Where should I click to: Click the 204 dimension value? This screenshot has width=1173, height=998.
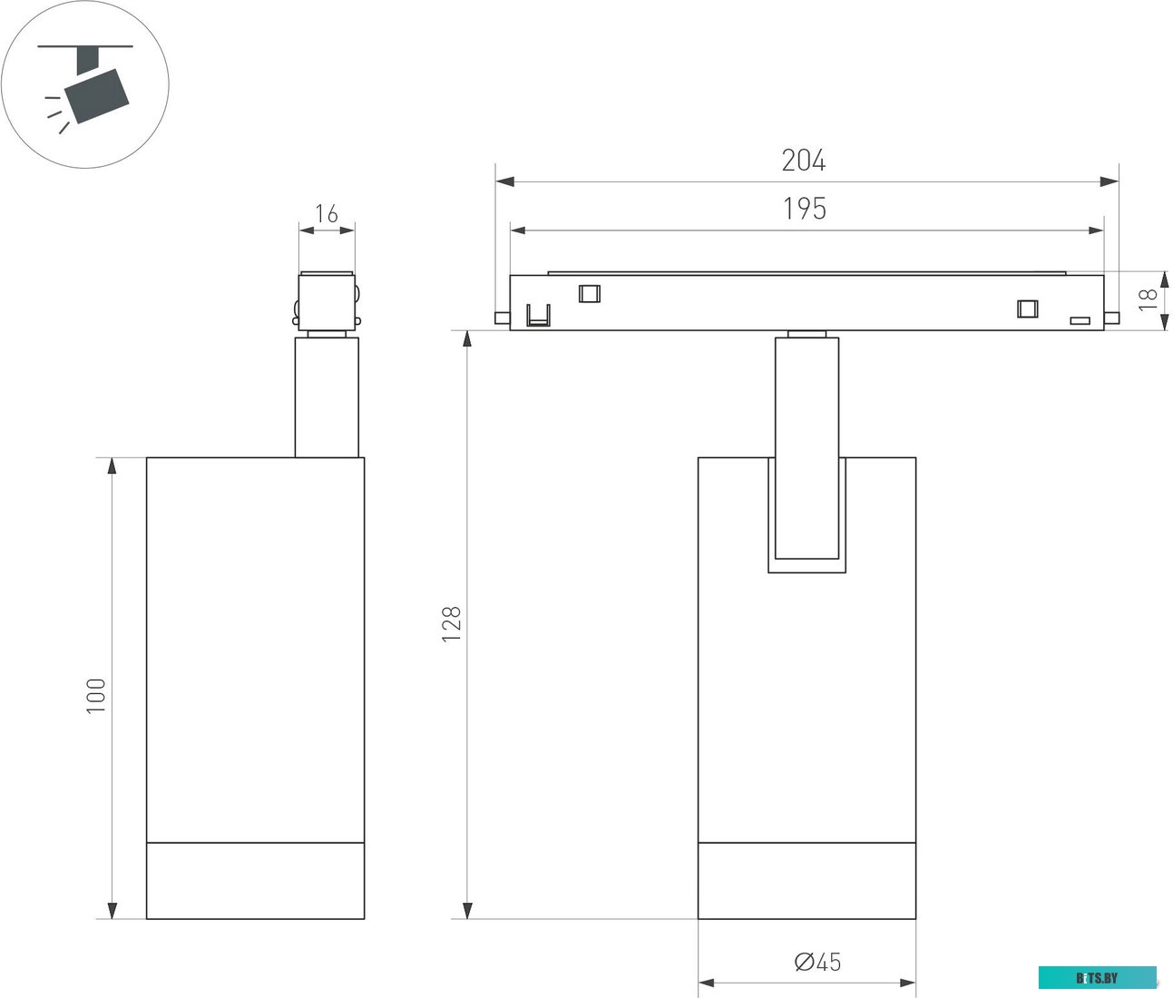coord(804,161)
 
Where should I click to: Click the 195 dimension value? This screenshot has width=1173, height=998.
coord(805,209)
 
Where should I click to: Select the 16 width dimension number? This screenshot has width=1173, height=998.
coord(327,214)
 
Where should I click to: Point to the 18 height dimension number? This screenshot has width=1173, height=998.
coord(1149,299)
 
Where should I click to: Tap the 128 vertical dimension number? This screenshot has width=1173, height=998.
coord(451,625)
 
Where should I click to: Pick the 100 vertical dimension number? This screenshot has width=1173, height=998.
coord(96,696)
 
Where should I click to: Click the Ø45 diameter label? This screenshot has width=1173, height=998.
coord(817,962)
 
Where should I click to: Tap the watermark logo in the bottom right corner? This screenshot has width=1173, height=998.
coord(1098,978)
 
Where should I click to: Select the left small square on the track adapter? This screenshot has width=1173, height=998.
coord(590,293)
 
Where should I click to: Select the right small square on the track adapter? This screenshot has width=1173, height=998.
coord(1027,308)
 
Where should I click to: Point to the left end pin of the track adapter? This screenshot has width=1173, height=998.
coord(502,318)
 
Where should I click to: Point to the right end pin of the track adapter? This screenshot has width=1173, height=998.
coord(1111,318)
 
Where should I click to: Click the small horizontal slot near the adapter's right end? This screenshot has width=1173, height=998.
coord(1079,320)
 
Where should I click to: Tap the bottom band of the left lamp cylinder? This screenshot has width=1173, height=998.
coord(255,880)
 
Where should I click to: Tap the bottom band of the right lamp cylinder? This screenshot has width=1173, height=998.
coord(806,880)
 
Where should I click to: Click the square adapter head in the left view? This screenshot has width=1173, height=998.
coord(327,300)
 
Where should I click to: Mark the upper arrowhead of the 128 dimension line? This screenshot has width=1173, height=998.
coord(467,338)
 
